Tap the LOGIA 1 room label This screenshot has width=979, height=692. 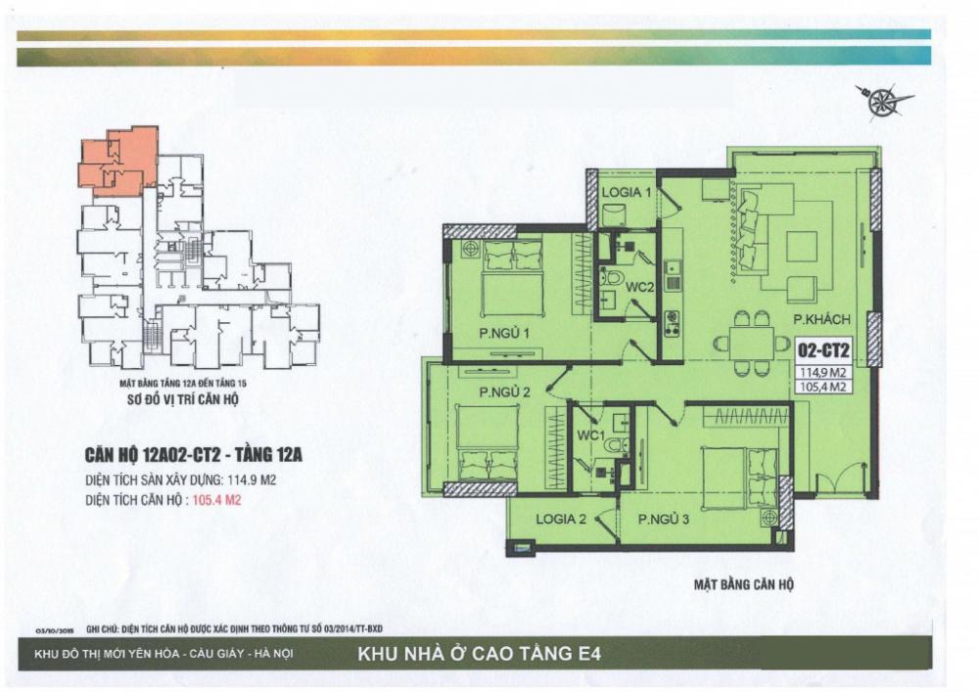click(x=627, y=193)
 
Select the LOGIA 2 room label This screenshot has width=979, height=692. click(x=561, y=520)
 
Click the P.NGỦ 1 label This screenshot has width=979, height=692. click(x=505, y=335)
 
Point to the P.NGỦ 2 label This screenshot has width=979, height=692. click(x=504, y=392)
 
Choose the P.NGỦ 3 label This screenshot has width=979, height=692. click(x=665, y=520)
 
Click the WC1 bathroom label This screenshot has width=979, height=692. click(x=589, y=434)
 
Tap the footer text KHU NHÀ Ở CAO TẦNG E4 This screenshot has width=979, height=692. click(x=486, y=653)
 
